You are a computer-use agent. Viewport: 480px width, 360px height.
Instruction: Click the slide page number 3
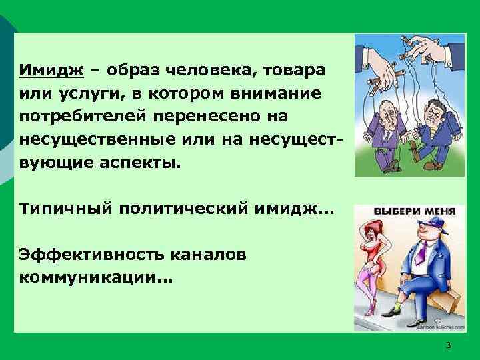coord(448,345)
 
